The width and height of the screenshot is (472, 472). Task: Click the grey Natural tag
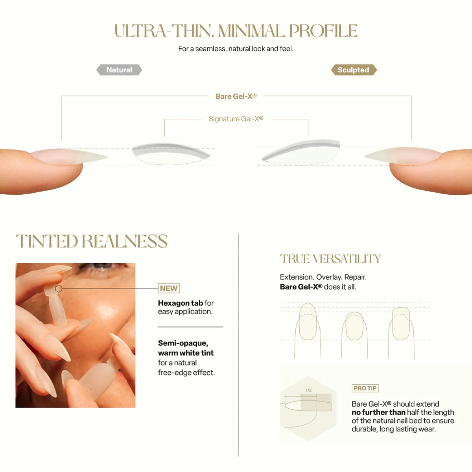[x=119, y=70]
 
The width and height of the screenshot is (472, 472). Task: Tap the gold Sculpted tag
[x=354, y=70]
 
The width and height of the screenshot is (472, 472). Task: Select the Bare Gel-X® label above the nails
[x=236, y=96]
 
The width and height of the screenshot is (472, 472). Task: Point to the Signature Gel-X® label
[x=236, y=119]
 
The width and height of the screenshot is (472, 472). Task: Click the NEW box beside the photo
[x=169, y=288]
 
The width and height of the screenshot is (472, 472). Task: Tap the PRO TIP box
[x=365, y=388]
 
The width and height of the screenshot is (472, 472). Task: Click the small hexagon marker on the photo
[x=59, y=289]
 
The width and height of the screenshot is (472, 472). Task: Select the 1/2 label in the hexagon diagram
[x=308, y=390]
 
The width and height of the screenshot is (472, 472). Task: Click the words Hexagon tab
[x=180, y=303]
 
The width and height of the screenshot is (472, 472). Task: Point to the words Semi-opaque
[x=183, y=343]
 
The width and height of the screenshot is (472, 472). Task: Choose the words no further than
[x=378, y=412]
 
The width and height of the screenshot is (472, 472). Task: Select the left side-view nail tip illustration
[x=170, y=153]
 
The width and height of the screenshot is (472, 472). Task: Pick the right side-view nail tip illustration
[x=301, y=152]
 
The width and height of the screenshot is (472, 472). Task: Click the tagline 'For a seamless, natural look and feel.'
[x=236, y=49]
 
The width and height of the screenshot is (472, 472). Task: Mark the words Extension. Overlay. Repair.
[x=323, y=277]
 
